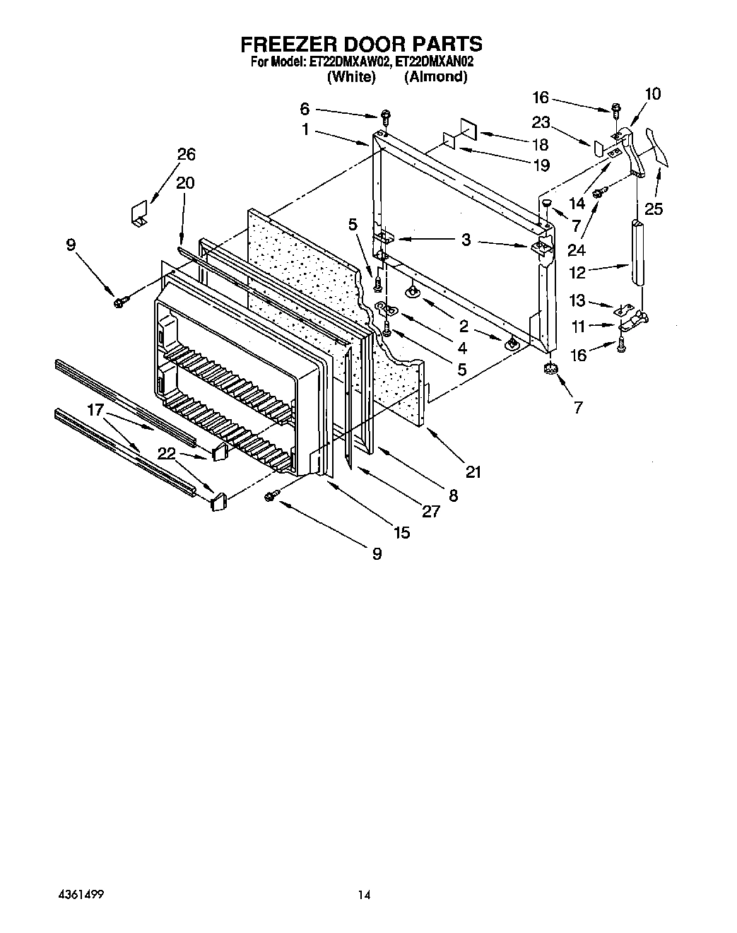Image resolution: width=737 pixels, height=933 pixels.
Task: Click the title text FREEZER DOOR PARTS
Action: point(361,44)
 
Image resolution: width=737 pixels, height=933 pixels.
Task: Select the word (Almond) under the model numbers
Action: point(435,77)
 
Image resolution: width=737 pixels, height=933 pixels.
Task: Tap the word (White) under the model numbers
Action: point(351,77)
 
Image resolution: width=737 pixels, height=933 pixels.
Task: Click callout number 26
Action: point(187,154)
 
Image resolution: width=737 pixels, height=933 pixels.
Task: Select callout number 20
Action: point(185,182)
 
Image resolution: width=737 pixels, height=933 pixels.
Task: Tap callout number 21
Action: point(473,471)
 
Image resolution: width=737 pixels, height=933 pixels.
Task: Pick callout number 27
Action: point(430,511)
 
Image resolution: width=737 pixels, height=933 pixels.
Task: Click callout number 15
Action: point(401,532)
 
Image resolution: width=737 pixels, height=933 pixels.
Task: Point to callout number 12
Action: point(577,273)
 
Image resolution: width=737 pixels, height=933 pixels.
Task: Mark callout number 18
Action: point(540,145)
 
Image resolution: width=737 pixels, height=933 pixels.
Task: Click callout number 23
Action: point(541,122)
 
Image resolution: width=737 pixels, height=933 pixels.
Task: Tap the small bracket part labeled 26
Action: point(139,213)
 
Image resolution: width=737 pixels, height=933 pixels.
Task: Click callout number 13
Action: point(577,301)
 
